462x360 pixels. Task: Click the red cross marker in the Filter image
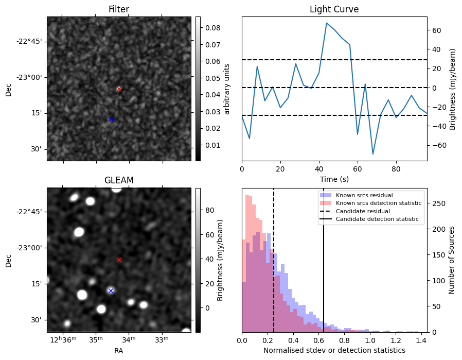[119, 89]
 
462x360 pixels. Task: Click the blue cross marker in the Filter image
[111, 119]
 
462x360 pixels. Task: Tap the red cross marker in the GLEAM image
[119, 260]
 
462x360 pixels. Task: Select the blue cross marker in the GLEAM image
[111, 290]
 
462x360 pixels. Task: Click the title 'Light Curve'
[334, 9]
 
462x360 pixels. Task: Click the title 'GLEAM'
[119, 180]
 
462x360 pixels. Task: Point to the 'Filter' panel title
[119, 9]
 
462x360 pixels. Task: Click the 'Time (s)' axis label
[334, 179]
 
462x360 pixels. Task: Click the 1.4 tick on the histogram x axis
[420, 340]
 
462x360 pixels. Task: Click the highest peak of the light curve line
[326, 23]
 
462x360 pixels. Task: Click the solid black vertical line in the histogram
[324, 268]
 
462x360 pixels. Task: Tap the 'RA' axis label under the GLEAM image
[119, 351]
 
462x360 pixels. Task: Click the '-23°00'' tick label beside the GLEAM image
[30, 248]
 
